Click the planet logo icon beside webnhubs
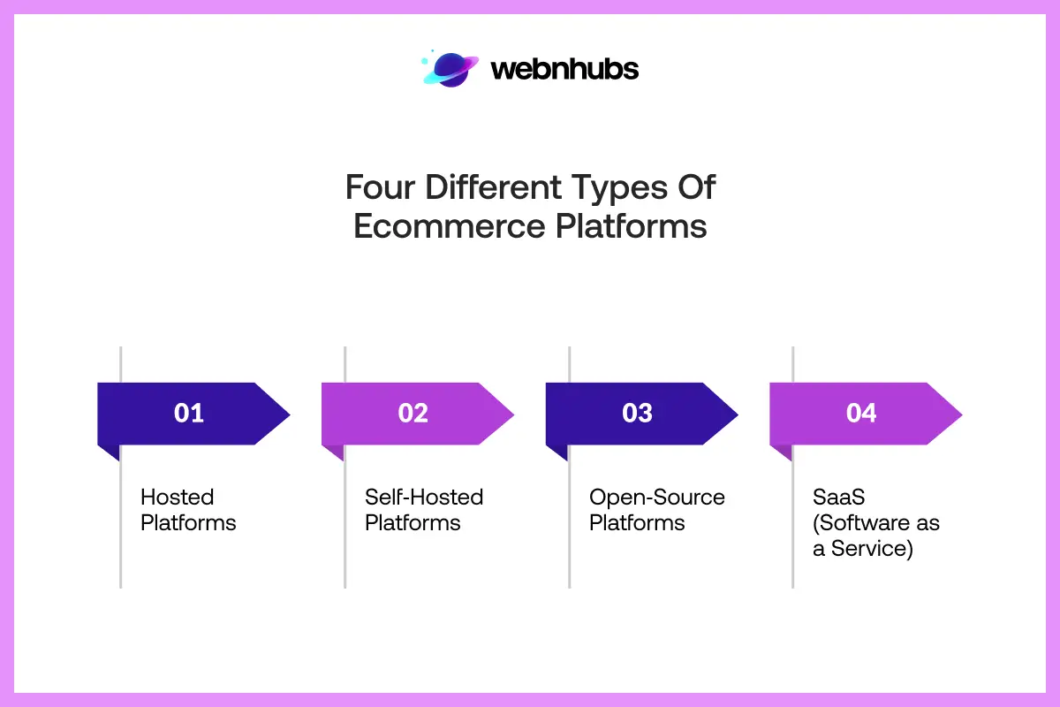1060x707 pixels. tap(450, 69)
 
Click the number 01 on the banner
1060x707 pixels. tap(189, 413)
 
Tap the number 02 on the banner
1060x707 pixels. tap(413, 413)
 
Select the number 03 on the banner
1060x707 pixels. tap(637, 413)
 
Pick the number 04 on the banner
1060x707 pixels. tap(861, 413)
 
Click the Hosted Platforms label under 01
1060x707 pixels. tap(188, 510)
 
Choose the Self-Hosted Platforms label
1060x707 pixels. tap(424, 510)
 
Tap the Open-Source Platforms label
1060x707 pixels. tap(656, 510)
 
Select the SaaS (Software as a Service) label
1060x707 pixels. tap(876, 522)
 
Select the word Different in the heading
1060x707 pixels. tap(491, 187)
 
